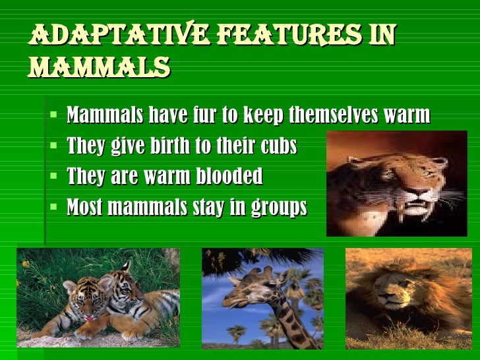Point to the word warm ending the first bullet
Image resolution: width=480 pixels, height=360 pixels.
(404, 116)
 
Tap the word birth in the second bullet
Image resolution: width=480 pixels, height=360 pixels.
(169, 146)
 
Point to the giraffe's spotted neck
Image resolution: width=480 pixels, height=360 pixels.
(290, 323)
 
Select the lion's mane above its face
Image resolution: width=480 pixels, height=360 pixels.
(402, 264)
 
